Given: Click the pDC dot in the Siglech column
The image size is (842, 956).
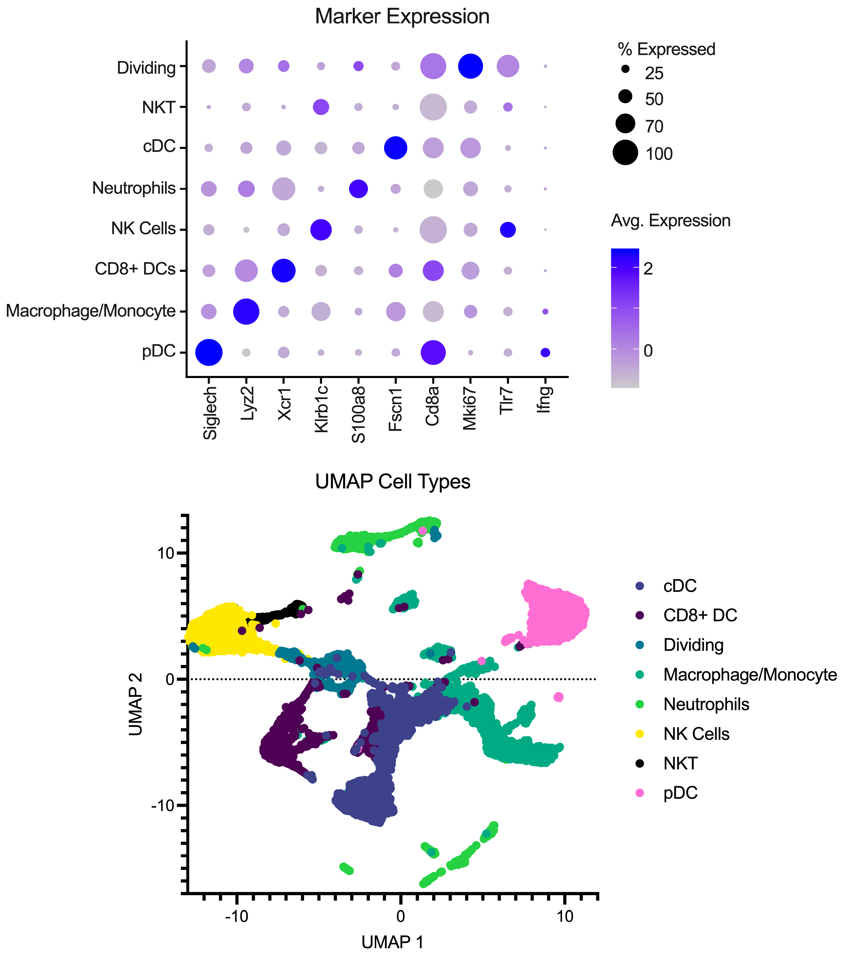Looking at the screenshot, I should tap(209, 352).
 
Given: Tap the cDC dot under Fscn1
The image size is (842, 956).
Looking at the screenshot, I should tap(395, 148).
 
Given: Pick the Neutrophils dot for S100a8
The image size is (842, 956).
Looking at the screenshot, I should tap(359, 189).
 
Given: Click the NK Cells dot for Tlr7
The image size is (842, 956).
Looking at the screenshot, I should tap(508, 230).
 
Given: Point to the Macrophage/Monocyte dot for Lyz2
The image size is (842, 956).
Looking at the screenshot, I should tap(246, 311).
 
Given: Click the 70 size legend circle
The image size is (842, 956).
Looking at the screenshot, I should tap(625, 124).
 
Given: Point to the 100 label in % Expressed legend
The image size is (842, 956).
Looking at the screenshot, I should tap(659, 154).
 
